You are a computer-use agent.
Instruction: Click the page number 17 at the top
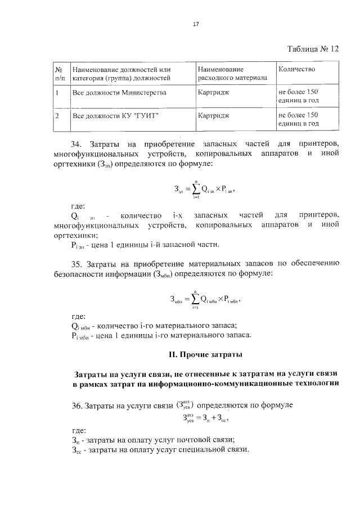click(180, 25)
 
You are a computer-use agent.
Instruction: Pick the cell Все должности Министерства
click(119, 91)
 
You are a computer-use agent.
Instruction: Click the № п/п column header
click(58, 74)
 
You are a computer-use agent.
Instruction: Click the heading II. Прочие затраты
click(205, 354)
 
